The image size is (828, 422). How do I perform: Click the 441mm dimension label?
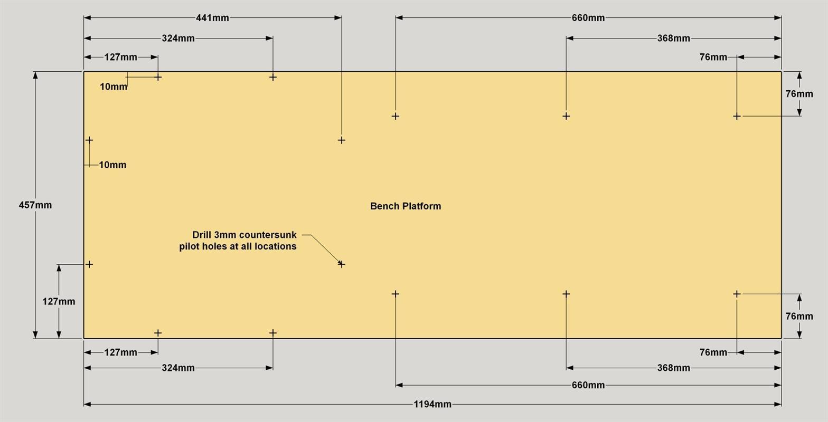tap(212, 18)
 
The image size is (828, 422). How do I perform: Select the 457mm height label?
tap(35, 205)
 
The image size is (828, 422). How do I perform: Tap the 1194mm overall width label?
tap(432, 404)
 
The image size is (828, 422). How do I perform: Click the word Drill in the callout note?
tap(202, 235)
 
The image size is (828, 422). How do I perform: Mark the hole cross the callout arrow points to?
tap(342, 264)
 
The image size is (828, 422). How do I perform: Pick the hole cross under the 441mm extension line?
tap(342, 140)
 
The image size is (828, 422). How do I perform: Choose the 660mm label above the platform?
tap(588, 18)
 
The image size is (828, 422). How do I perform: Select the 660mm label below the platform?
tap(588, 385)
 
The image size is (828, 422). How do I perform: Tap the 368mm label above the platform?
tap(673, 38)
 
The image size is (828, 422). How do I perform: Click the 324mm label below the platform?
tap(178, 368)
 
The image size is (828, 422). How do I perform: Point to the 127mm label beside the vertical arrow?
tap(59, 302)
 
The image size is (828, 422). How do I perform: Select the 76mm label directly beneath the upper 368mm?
tap(713, 57)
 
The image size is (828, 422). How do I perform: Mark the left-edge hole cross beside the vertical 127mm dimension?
tap(89, 264)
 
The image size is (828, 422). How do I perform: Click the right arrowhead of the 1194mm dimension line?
tap(778, 404)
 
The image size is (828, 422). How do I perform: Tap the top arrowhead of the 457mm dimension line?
tap(35, 75)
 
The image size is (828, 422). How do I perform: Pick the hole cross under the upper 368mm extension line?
tap(566, 116)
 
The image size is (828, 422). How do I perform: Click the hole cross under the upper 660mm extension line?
tap(396, 116)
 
